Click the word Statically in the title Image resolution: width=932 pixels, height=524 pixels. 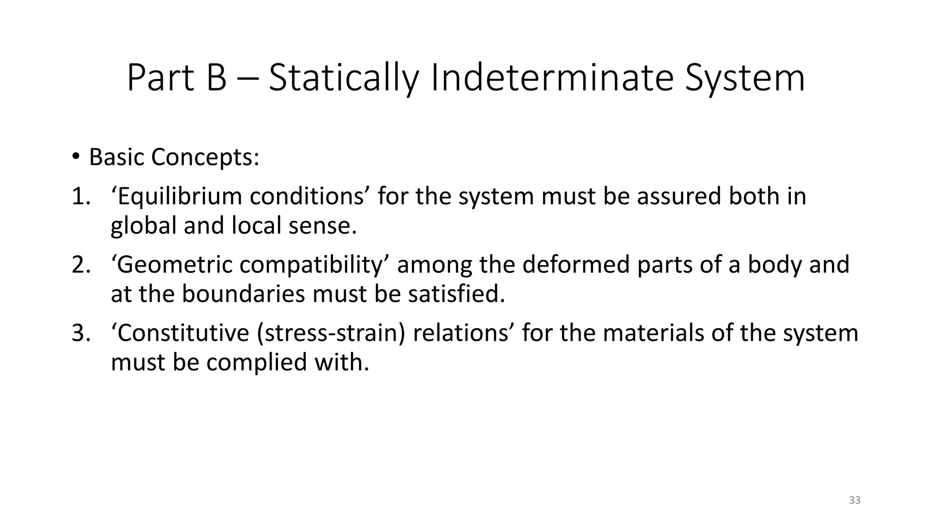(343, 78)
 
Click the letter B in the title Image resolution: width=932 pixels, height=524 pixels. (217, 78)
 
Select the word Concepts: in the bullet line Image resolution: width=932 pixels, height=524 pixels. (205, 157)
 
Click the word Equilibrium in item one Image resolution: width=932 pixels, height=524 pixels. (179, 196)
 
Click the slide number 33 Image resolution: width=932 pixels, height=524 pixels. (855, 500)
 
